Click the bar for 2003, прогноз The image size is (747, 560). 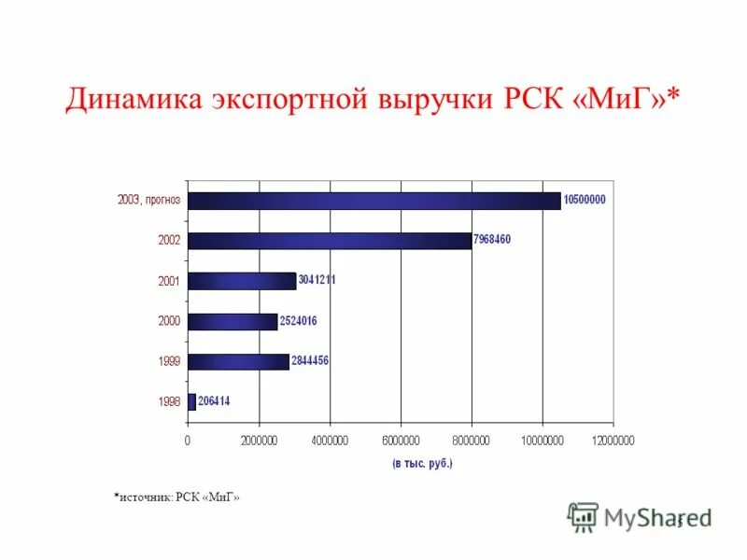tap(373, 201)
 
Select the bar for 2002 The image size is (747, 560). tap(330, 241)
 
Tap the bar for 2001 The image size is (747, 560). tap(242, 281)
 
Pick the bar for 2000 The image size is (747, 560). tap(233, 321)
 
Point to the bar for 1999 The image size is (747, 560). tap(238, 361)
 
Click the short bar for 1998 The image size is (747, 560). tap(191, 401)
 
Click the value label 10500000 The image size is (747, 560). tap(585, 200)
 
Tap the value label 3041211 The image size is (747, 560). tap(317, 279)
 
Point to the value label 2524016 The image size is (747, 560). tap(298, 321)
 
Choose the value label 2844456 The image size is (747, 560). tap(310, 360)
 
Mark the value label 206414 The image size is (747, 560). tap(214, 401)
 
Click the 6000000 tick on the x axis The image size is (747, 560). tap(401, 441)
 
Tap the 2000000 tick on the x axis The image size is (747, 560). tap(259, 441)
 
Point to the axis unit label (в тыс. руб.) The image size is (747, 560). tap(422, 463)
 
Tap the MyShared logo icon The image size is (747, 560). tap(584, 516)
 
